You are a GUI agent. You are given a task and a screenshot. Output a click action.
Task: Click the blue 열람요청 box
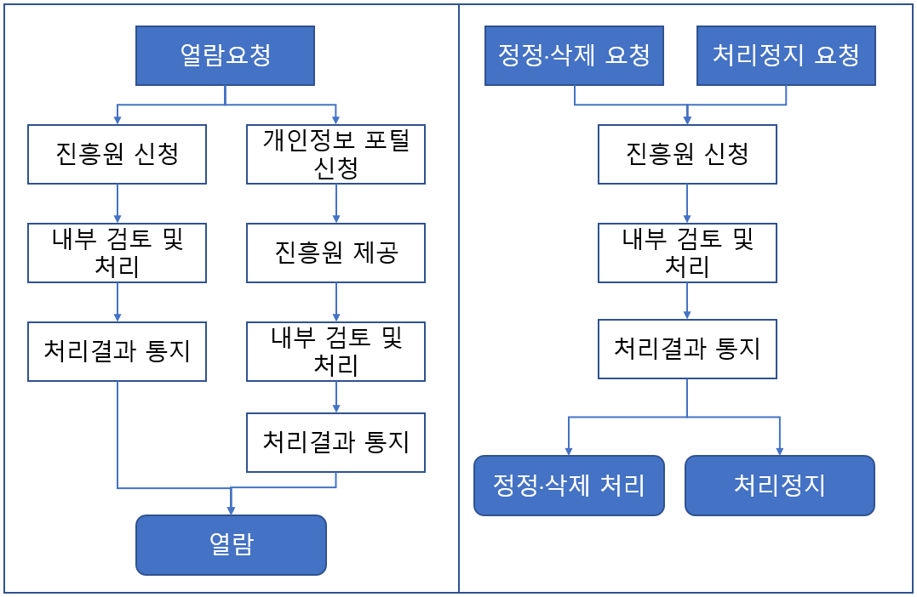[x=225, y=56]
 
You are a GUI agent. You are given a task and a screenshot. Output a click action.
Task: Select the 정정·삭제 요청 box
[x=574, y=56]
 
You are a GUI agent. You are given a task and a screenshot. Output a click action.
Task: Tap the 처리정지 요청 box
[x=786, y=56]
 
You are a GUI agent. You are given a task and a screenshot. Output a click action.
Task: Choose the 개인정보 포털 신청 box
[x=335, y=155]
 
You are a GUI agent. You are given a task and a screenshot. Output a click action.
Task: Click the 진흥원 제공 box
[x=335, y=253]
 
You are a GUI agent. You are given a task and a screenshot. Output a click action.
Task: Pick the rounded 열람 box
[x=231, y=545]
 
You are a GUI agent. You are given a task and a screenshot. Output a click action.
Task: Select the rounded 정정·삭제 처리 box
[x=569, y=486]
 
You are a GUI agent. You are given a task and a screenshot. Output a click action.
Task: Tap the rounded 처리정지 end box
[x=779, y=486]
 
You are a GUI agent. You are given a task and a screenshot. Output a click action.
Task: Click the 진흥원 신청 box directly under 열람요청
[x=117, y=155]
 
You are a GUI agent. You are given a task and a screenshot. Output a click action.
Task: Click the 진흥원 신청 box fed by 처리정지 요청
[x=687, y=155]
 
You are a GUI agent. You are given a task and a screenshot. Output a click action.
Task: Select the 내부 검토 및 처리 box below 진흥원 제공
[x=335, y=351]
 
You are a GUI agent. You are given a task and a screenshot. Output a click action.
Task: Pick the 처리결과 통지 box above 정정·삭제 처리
[x=687, y=349]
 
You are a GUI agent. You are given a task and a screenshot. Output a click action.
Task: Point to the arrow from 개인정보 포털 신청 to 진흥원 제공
[x=335, y=203]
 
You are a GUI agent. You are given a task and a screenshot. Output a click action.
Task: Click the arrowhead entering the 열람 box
[x=231, y=510]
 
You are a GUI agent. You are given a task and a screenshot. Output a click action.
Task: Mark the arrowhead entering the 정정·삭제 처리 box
[x=569, y=452]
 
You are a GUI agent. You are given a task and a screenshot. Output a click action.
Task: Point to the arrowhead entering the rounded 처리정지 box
[x=779, y=452]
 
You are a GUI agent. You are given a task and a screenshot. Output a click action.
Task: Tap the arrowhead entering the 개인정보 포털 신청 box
[x=335, y=121]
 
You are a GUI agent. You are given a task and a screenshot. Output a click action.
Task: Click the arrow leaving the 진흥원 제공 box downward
[x=335, y=302]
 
